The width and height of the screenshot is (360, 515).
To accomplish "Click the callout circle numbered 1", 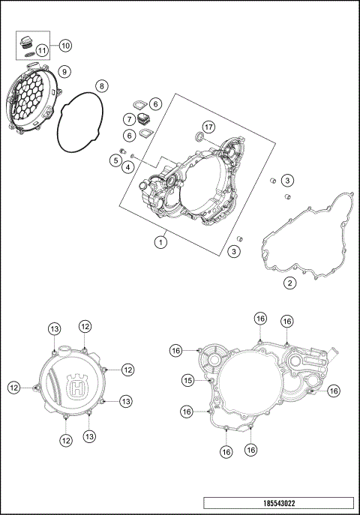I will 160,241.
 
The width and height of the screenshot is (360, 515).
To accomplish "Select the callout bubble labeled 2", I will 289,283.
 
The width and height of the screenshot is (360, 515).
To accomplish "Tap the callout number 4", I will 130,166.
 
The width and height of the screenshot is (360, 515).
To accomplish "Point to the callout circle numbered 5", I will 116,159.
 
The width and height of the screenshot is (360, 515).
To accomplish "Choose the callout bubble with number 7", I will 130,119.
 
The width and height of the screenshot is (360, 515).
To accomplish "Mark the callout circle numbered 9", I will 65,71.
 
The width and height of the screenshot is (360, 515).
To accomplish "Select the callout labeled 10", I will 65,46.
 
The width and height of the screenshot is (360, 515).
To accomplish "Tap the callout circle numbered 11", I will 43,52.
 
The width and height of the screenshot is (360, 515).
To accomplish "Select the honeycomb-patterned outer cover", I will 30,101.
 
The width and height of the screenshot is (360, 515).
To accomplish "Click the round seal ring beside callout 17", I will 199,136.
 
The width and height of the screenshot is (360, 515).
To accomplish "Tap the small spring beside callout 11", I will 28,52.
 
